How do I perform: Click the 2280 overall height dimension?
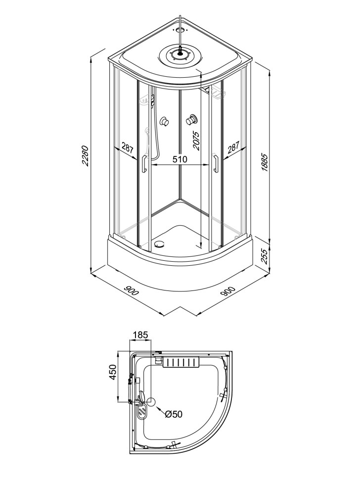pyautogui.click(x=86, y=156)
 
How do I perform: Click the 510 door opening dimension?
pyautogui.click(x=180, y=159)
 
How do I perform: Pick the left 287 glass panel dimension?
pyautogui.click(x=127, y=148)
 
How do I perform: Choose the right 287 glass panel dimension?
pyautogui.click(x=233, y=148)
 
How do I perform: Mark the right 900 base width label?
pyautogui.click(x=228, y=291)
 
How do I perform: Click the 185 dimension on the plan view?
pyautogui.click(x=140, y=335)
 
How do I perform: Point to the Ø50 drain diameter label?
pyautogui.click(x=174, y=414)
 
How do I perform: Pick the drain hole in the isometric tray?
pyautogui.click(x=159, y=244)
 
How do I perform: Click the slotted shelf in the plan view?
pyautogui.click(x=180, y=363)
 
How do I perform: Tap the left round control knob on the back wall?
pyautogui.click(x=165, y=121)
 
